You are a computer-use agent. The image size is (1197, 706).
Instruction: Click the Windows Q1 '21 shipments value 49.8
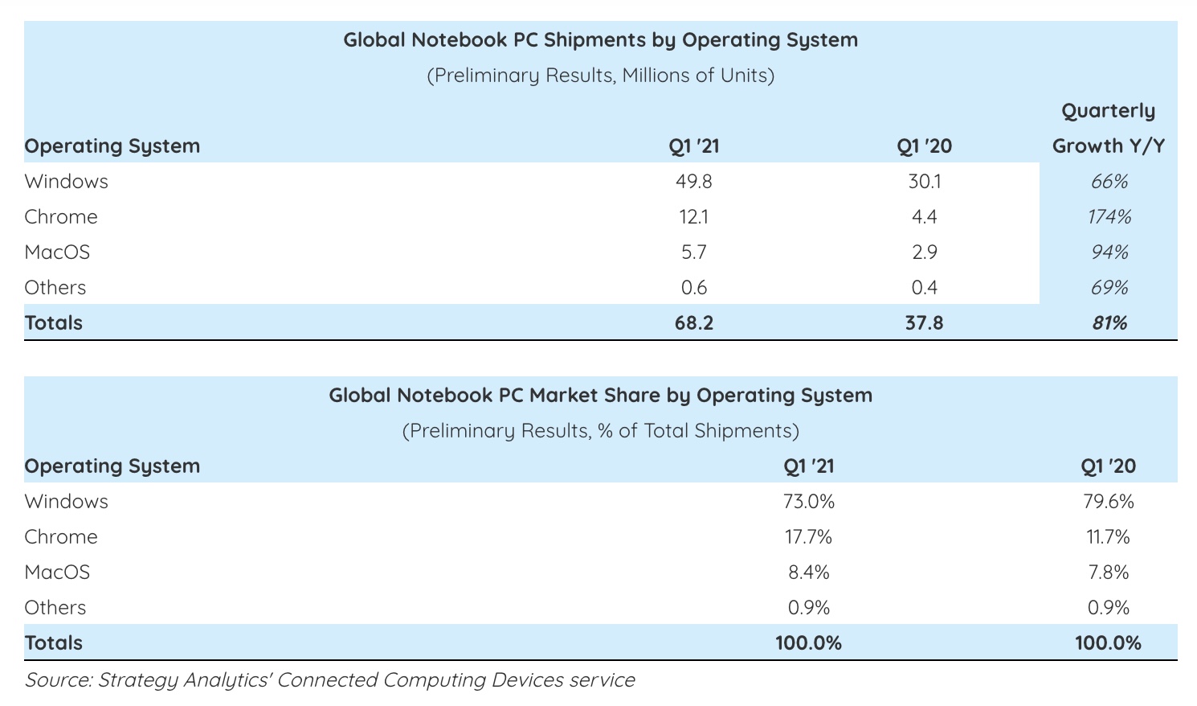click(x=694, y=182)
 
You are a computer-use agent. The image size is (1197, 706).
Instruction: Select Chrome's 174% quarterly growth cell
click(x=1109, y=217)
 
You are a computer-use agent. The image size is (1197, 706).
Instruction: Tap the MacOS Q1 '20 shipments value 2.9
click(x=925, y=252)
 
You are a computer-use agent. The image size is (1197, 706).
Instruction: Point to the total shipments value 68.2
click(x=694, y=323)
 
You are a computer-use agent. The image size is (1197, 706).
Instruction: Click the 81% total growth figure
click(x=1109, y=323)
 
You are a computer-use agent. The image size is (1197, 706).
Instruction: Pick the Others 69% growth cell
click(x=1109, y=288)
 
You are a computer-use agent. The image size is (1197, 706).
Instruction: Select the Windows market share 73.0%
click(x=809, y=502)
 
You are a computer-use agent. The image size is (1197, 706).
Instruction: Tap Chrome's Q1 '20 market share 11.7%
click(x=1108, y=537)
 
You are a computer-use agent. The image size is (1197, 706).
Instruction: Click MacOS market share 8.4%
click(x=809, y=573)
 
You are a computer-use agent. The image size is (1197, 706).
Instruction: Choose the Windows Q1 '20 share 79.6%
click(x=1108, y=502)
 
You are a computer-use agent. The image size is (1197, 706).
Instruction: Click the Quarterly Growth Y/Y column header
click(x=1109, y=129)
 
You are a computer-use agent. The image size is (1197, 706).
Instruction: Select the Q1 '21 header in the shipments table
click(x=694, y=146)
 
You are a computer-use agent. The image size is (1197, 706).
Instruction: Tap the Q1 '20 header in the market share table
click(x=1108, y=466)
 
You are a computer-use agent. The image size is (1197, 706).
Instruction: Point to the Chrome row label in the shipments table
click(x=61, y=217)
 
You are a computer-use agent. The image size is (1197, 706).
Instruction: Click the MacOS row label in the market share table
click(x=57, y=573)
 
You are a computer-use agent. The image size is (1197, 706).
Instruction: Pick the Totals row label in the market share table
click(x=54, y=643)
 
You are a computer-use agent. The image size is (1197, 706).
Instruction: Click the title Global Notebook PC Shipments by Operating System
click(x=600, y=40)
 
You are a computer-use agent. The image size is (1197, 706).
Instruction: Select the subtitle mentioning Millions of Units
click(x=600, y=76)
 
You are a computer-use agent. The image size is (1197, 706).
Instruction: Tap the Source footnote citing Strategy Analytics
click(x=329, y=680)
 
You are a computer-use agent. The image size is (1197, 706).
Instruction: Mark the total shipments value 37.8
click(x=925, y=323)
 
